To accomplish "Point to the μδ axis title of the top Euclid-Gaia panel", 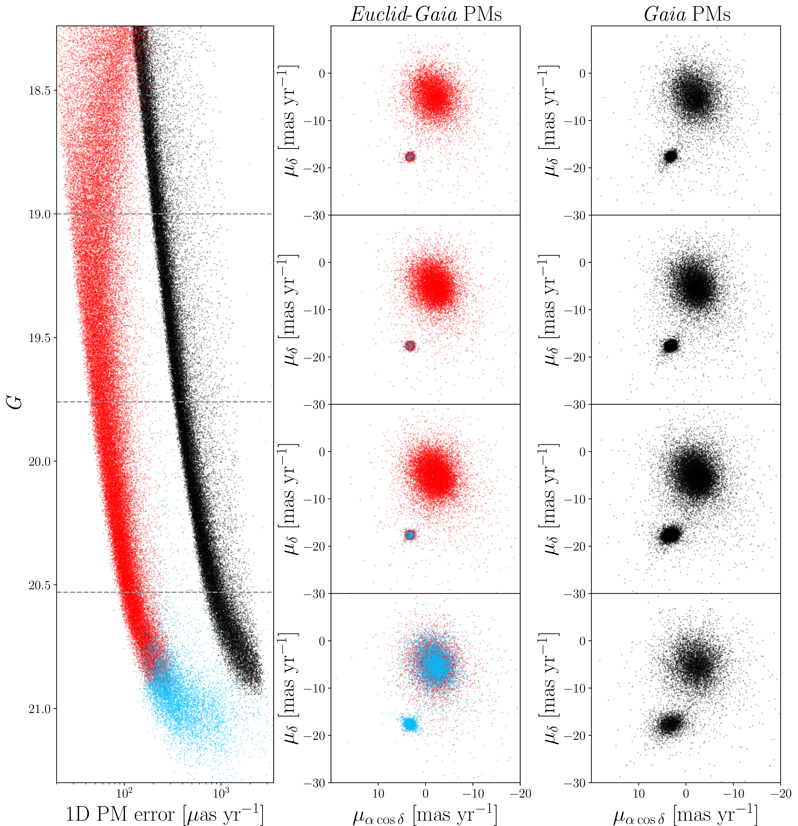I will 289,120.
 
